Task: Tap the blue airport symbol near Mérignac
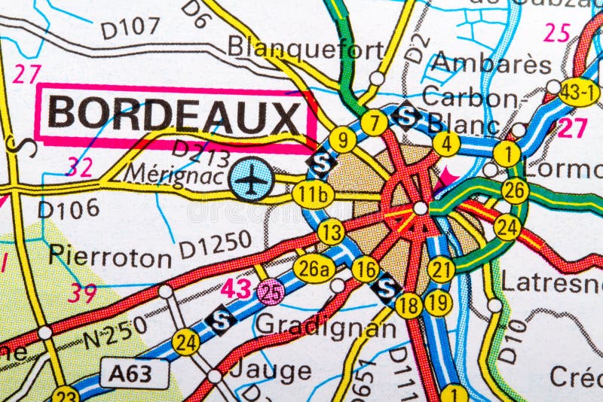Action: (251, 178)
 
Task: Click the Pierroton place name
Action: (110, 256)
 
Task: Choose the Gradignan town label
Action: (326, 327)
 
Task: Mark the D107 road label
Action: (130, 29)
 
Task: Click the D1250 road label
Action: (216, 242)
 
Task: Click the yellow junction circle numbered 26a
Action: (314, 269)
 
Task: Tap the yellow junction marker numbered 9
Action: (342, 139)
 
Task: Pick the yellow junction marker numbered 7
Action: (374, 122)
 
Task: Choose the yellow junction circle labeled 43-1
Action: (579, 92)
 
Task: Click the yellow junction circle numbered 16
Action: (366, 269)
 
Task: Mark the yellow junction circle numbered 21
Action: (442, 269)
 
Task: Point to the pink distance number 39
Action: (81, 293)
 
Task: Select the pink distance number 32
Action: (79, 166)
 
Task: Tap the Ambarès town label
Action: (491, 63)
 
